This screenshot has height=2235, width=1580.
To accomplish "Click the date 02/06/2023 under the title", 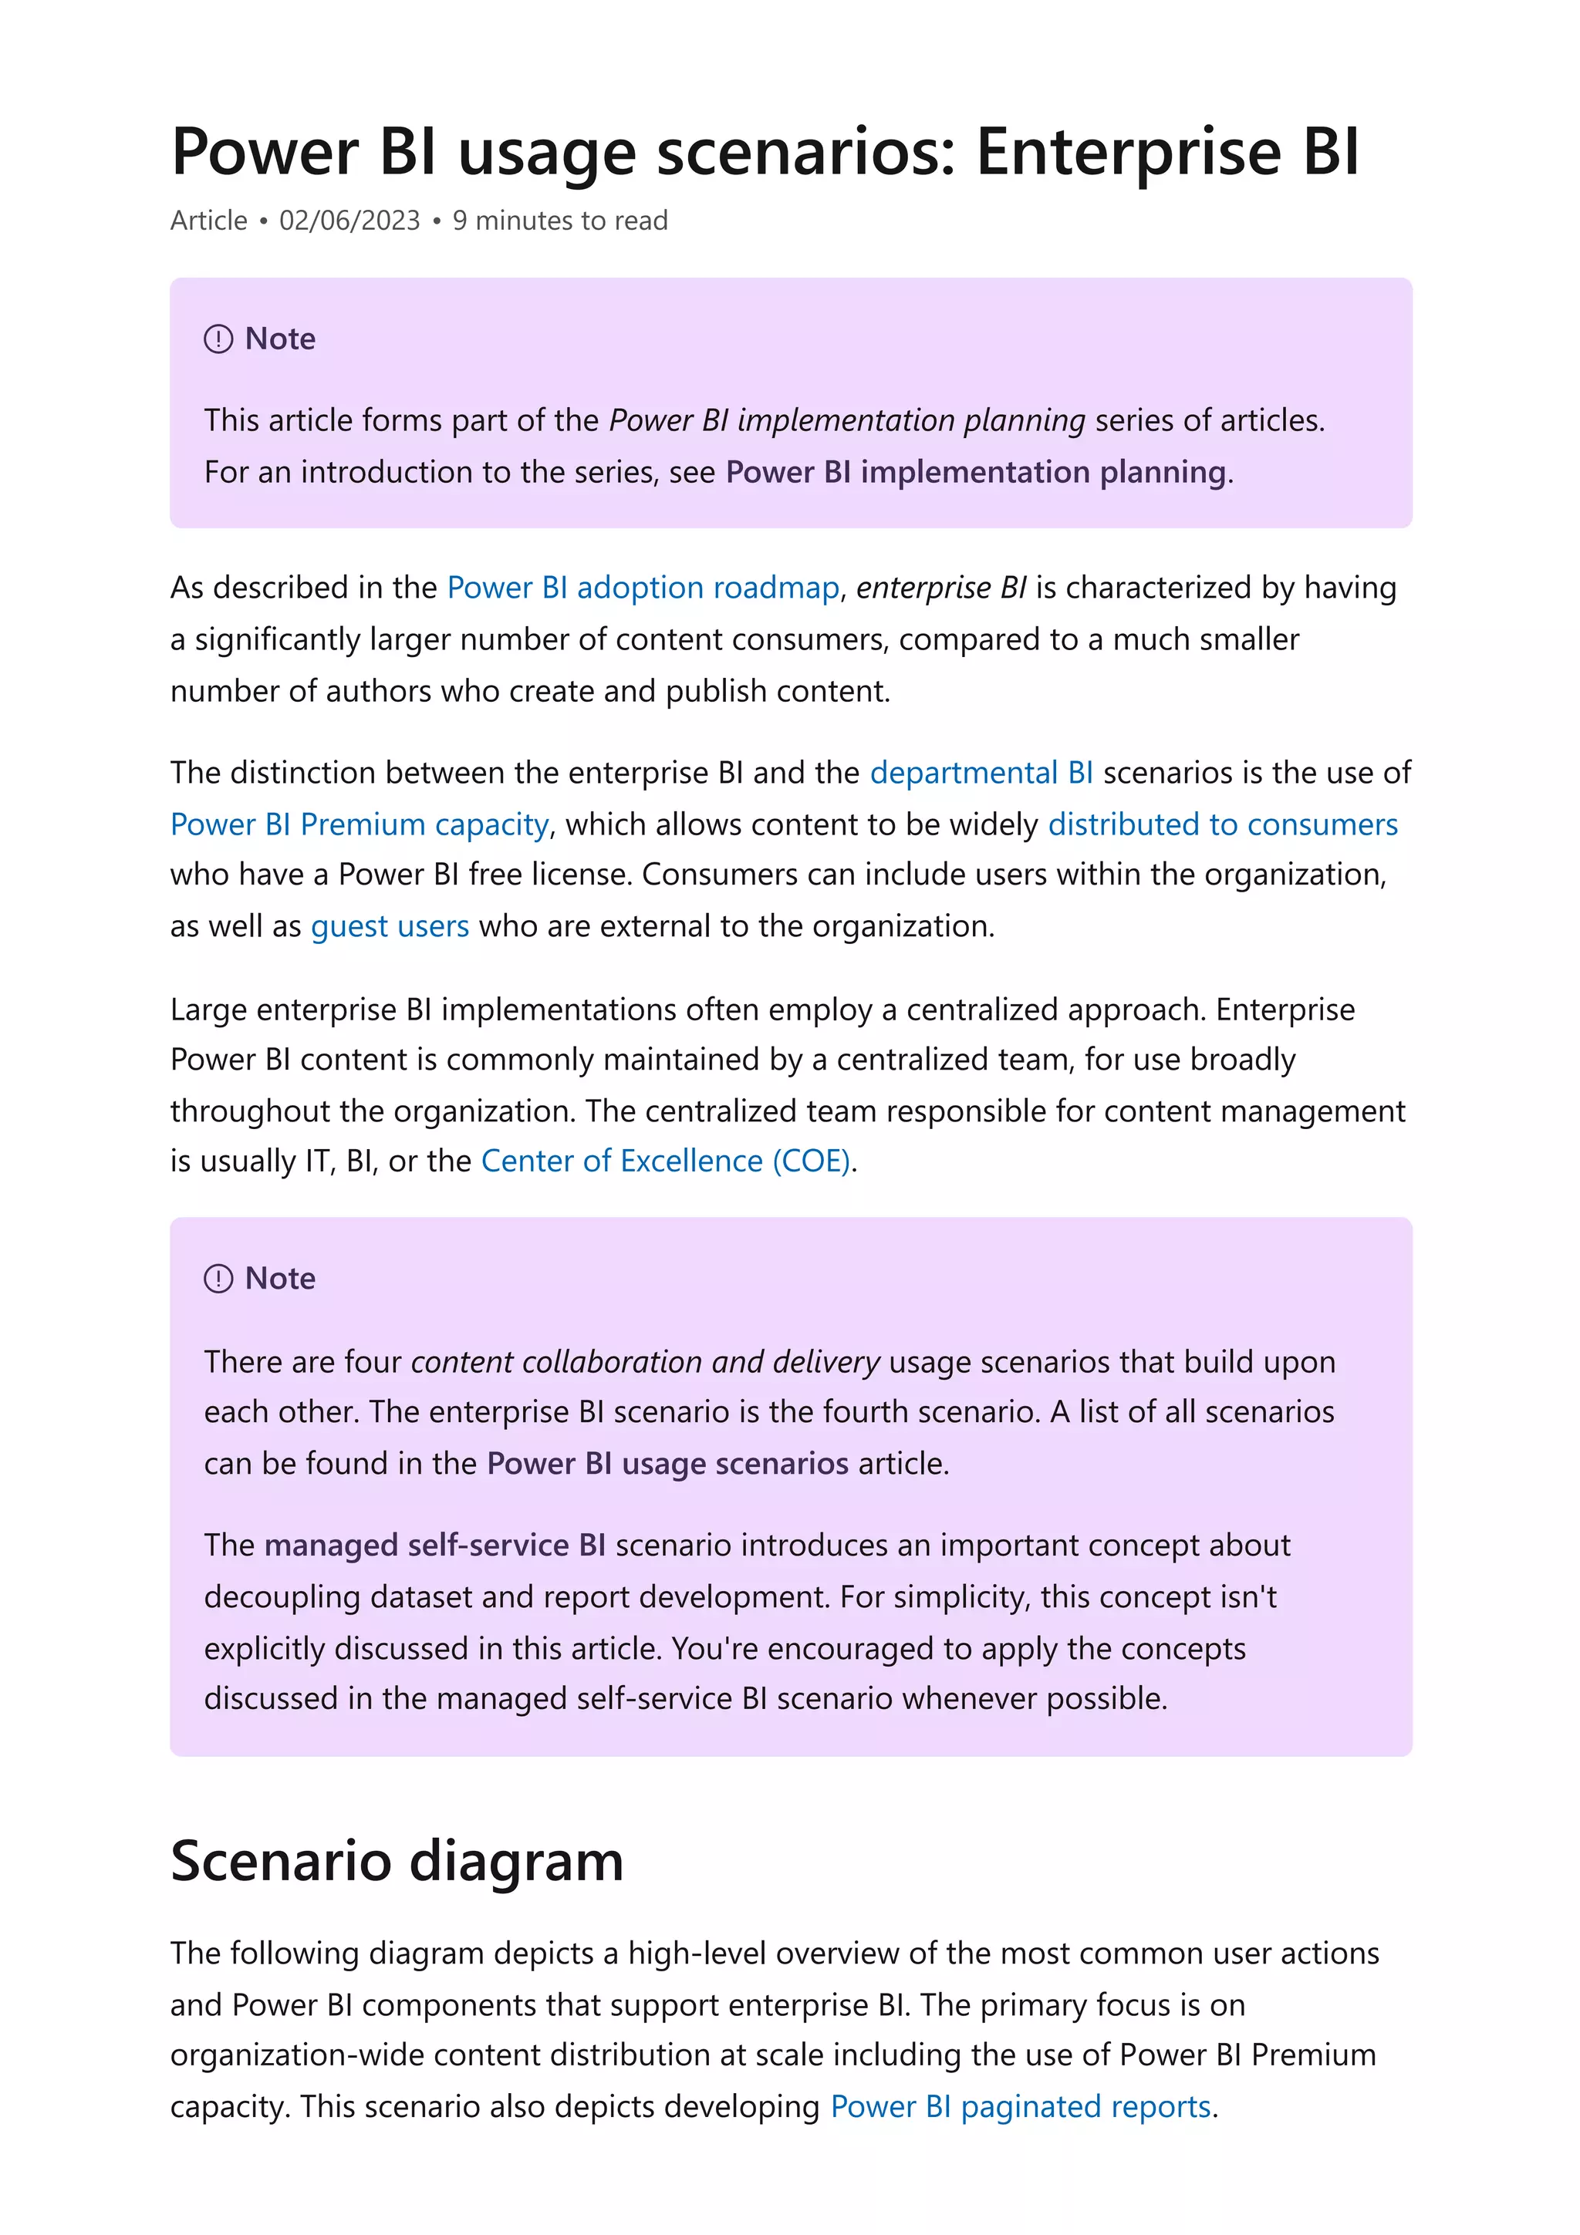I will [x=349, y=221].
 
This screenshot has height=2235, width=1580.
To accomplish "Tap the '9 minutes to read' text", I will [x=560, y=221].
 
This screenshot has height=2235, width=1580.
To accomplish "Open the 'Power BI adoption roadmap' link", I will [x=643, y=588].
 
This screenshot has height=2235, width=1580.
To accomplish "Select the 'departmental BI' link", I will [x=981, y=773].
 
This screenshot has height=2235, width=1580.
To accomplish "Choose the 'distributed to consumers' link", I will [x=1222, y=824].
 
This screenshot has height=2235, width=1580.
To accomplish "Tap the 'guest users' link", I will [x=390, y=925].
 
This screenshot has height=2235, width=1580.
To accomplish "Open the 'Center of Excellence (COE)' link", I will [x=666, y=1161].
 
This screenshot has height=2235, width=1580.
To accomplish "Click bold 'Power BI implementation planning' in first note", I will [x=975, y=472].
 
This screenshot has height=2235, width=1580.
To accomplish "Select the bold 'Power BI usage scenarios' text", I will [x=668, y=1464].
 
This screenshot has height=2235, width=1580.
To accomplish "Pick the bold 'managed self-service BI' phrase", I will [x=434, y=1546].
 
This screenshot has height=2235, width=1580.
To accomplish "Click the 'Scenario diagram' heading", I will [x=397, y=1861].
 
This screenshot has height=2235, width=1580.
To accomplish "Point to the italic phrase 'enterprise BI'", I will [x=940, y=588].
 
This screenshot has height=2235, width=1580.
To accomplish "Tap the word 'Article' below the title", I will [x=208, y=221].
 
